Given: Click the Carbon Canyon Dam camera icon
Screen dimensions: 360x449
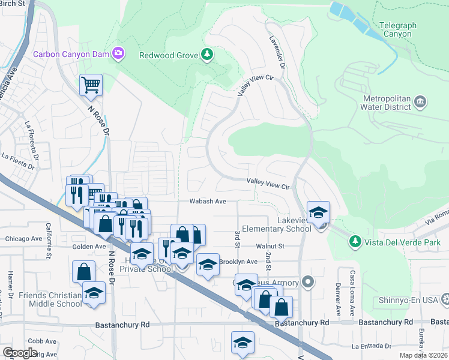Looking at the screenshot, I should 119,54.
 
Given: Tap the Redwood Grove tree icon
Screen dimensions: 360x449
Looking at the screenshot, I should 207,55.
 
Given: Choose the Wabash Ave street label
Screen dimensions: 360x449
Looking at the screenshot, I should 208,202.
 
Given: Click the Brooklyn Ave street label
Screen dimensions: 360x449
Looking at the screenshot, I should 238,262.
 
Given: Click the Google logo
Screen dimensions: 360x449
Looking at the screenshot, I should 20,353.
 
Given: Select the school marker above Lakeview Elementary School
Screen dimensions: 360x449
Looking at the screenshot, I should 318,212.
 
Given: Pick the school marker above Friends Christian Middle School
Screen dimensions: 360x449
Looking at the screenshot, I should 94,293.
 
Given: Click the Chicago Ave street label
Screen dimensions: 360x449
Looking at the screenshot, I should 24,239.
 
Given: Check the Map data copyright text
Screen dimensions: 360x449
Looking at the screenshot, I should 423,355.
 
